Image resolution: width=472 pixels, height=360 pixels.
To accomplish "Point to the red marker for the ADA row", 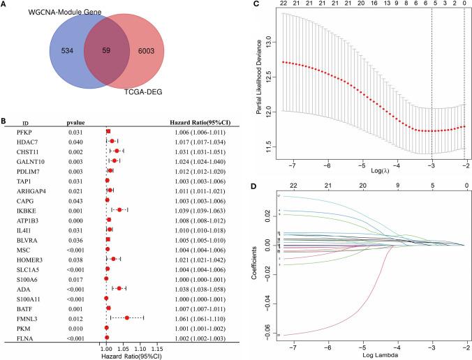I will (119, 287).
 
